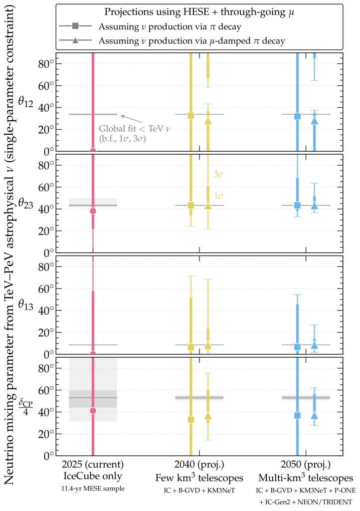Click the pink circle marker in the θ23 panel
(x=93, y=211)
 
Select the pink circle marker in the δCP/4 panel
(x=93, y=411)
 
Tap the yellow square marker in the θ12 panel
(x=190, y=115)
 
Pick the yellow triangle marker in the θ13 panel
(x=208, y=345)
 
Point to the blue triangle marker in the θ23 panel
(x=314, y=205)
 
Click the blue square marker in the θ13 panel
(x=298, y=347)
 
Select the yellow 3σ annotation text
(x=218, y=175)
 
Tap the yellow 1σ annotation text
(x=218, y=196)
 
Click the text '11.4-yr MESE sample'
(x=92, y=488)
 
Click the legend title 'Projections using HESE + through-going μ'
(x=199, y=11)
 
